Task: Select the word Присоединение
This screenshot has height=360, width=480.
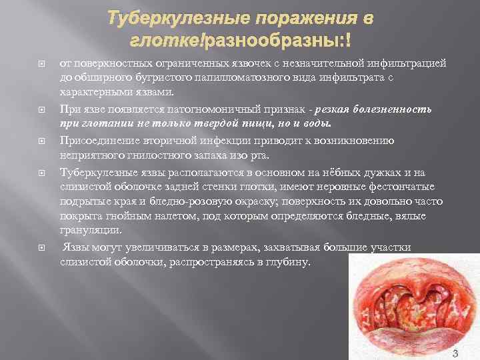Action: [x=98, y=141]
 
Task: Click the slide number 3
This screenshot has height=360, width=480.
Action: [x=455, y=353]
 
